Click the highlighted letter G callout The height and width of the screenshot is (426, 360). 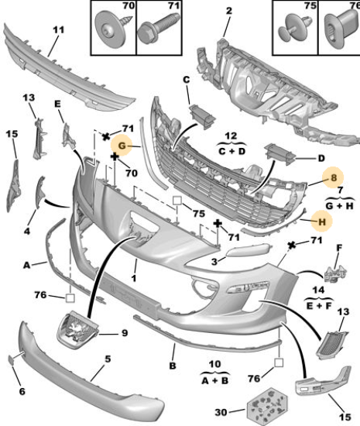pyautogui.click(x=122, y=146)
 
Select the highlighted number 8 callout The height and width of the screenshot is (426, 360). pyautogui.click(x=333, y=178)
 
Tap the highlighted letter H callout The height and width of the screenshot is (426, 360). pyautogui.click(x=322, y=222)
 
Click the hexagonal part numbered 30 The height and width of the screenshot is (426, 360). pyautogui.click(x=266, y=407)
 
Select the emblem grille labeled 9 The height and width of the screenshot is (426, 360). pyautogui.click(x=77, y=329)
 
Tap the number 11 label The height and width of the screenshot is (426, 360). pyautogui.click(x=58, y=29)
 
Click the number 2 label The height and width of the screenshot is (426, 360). pyautogui.click(x=229, y=11)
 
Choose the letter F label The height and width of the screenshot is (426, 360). pyautogui.click(x=339, y=248)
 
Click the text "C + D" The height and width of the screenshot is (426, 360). pyautogui.click(x=231, y=151)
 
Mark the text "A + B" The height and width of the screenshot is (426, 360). pyautogui.click(x=215, y=380)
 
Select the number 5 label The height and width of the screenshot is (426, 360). pyautogui.click(x=108, y=359)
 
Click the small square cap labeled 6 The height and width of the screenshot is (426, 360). pyautogui.click(x=12, y=359)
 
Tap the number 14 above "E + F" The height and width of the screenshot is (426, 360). pyautogui.click(x=318, y=290)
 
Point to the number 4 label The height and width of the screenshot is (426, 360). pyautogui.click(x=27, y=232)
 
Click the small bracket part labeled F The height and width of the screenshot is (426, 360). pyautogui.click(x=336, y=274)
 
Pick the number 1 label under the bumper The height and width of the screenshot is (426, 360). pyautogui.click(x=134, y=278)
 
